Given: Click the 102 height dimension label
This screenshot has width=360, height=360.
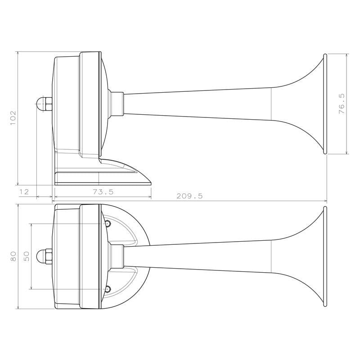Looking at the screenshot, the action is pyautogui.click(x=13, y=118).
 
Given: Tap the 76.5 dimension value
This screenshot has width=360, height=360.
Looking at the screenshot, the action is pyautogui.click(x=342, y=104).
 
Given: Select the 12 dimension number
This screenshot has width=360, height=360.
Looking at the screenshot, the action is pyautogui.click(x=24, y=192).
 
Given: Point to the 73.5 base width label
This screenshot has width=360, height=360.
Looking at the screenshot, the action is pyautogui.click(x=103, y=192).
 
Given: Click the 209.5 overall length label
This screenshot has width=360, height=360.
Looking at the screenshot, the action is pyautogui.click(x=189, y=196).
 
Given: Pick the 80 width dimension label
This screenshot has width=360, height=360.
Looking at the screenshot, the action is pyautogui.click(x=13, y=256).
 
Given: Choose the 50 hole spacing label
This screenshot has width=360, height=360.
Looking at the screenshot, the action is pyautogui.click(x=27, y=256).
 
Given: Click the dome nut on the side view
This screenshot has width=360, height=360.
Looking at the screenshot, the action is pyautogui.click(x=44, y=103).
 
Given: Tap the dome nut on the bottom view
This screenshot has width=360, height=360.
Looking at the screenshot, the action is pyautogui.click(x=44, y=256).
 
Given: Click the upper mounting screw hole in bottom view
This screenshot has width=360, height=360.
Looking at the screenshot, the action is pyautogui.click(x=108, y=223).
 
